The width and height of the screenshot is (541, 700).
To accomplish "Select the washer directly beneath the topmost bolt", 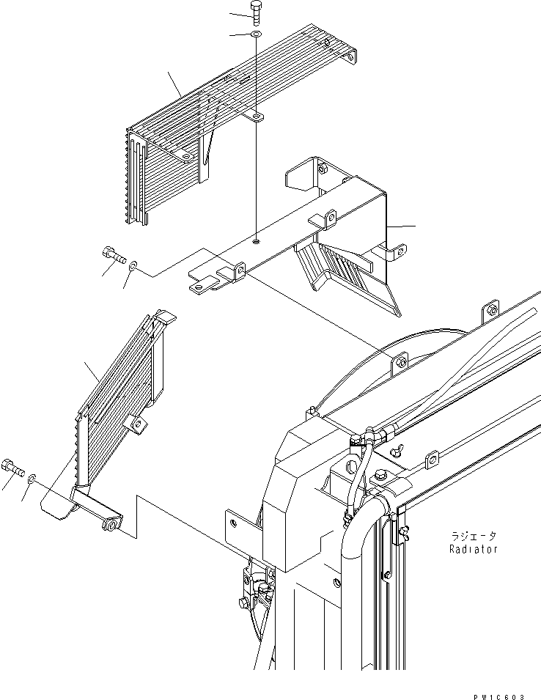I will [x=255, y=34].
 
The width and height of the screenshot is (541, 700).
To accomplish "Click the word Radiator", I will [x=474, y=549].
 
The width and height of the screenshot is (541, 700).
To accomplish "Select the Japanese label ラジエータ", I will [x=474, y=536].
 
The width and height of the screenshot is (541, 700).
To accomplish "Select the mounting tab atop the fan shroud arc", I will [x=400, y=362].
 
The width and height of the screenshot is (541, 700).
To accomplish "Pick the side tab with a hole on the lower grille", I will [x=136, y=423].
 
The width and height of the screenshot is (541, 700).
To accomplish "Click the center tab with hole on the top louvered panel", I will [x=256, y=117].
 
